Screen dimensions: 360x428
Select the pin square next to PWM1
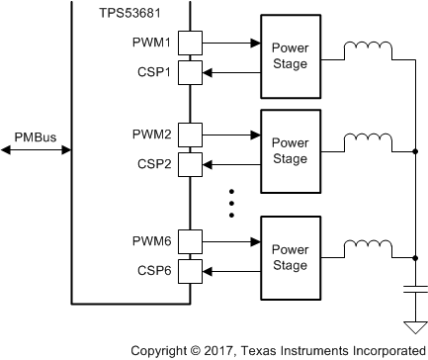point(192,44)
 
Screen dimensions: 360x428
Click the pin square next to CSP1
point(192,71)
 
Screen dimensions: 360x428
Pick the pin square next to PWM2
point(192,134)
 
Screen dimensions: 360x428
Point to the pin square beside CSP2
point(192,162)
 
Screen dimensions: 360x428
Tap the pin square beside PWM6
point(192,238)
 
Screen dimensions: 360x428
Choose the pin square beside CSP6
point(192,267)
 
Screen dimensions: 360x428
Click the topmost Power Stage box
point(290,57)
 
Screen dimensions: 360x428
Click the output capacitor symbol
point(413,291)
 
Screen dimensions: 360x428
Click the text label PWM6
point(151,238)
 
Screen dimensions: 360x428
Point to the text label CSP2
point(153,162)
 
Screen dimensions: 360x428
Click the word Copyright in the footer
point(161,350)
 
